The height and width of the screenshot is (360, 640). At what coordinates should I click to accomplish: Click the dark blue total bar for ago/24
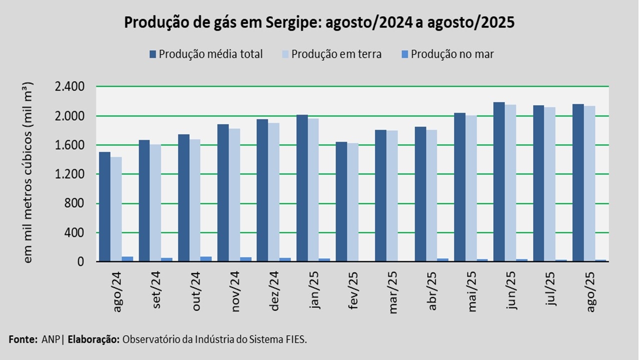point(104,206)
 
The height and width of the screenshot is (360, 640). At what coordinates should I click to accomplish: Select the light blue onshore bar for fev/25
point(352,202)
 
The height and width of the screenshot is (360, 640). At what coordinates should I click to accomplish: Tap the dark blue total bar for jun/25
point(499,181)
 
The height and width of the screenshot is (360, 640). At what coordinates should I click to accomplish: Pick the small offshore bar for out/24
point(206,259)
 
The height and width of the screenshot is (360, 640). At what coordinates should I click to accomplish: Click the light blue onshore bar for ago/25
point(589,183)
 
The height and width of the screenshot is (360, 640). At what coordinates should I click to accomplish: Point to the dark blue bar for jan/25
point(302,188)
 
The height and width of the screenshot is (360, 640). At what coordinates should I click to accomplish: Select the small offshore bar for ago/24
point(127,259)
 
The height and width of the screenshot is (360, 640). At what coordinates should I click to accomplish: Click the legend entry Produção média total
point(206,54)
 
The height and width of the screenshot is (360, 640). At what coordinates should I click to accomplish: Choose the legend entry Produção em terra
point(331,54)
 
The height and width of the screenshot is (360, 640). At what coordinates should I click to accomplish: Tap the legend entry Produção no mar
point(447,54)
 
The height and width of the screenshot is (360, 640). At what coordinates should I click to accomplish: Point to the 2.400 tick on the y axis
point(70,86)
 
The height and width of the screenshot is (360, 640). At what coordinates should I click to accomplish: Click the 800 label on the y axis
point(74,203)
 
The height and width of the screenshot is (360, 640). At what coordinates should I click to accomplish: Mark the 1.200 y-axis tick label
point(70,174)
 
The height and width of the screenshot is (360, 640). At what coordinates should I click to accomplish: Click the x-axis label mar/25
point(393,292)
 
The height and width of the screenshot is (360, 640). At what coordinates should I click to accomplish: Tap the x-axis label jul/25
point(550,288)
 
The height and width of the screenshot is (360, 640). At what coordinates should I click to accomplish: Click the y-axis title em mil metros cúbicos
point(27,172)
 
